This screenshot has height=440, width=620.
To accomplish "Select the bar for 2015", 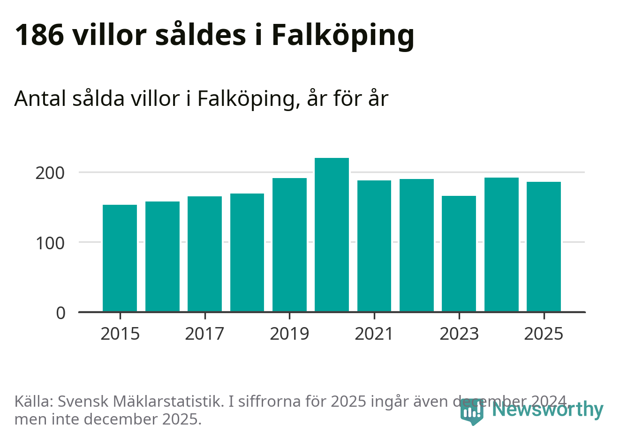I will (x=120, y=258).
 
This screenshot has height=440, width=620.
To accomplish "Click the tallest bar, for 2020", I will (x=332, y=234).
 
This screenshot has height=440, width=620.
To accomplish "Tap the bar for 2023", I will (x=459, y=254).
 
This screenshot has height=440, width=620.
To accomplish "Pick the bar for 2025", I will (x=544, y=246).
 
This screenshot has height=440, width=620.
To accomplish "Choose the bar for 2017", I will (x=204, y=254).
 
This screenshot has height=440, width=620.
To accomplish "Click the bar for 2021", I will (x=374, y=246).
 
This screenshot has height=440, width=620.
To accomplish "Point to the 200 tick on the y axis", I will (x=50, y=173).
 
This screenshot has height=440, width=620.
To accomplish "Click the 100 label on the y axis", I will (x=50, y=243).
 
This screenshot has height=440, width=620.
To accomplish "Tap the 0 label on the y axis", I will (x=61, y=313).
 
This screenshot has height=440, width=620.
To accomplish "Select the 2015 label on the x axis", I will (x=120, y=334).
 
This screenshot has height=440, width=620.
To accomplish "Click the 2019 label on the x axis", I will (x=289, y=334).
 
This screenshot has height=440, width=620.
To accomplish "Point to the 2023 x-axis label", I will (x=459, y=334).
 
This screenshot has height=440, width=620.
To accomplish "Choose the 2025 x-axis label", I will (x=544, y=334).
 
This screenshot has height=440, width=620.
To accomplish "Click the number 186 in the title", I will (x=39, y=35).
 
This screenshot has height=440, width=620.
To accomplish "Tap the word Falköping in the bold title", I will (x=343, y=36).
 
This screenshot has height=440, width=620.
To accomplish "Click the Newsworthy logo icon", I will (x=471, y=412).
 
